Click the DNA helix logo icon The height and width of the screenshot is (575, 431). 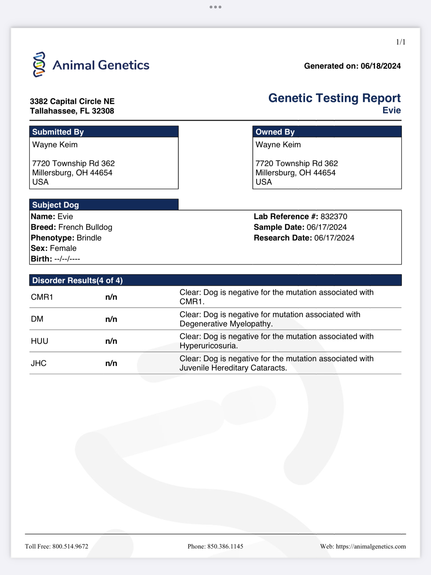coord(39,64)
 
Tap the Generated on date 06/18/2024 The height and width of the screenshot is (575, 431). coord(380,66)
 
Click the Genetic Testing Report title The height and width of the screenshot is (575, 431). coord(334,98)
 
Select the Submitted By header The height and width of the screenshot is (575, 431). coord(58,132)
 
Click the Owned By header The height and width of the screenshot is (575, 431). coord(275,132)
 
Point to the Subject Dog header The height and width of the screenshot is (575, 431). coord(56,205)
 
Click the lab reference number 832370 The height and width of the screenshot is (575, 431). coord(334,216)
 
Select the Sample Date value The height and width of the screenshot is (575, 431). coord(327,227)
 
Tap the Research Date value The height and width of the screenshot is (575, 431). coord(334,238)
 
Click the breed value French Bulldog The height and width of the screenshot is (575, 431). coord(85,227)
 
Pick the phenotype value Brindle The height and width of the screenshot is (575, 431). coord(89,238)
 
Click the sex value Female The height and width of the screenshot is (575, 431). coord(63,248)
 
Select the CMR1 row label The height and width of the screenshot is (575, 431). coord(42,297)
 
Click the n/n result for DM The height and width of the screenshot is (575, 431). coord(111,319)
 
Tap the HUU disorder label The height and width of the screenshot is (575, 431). coord(40,341)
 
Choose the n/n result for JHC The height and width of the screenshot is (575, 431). coord(111,363)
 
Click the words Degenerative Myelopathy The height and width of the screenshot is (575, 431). coord(226,324)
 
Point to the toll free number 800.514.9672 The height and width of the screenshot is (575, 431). coord(70,546)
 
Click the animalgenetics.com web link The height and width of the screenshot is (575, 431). coord(371,546)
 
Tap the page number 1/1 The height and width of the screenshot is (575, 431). coord(400,42)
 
